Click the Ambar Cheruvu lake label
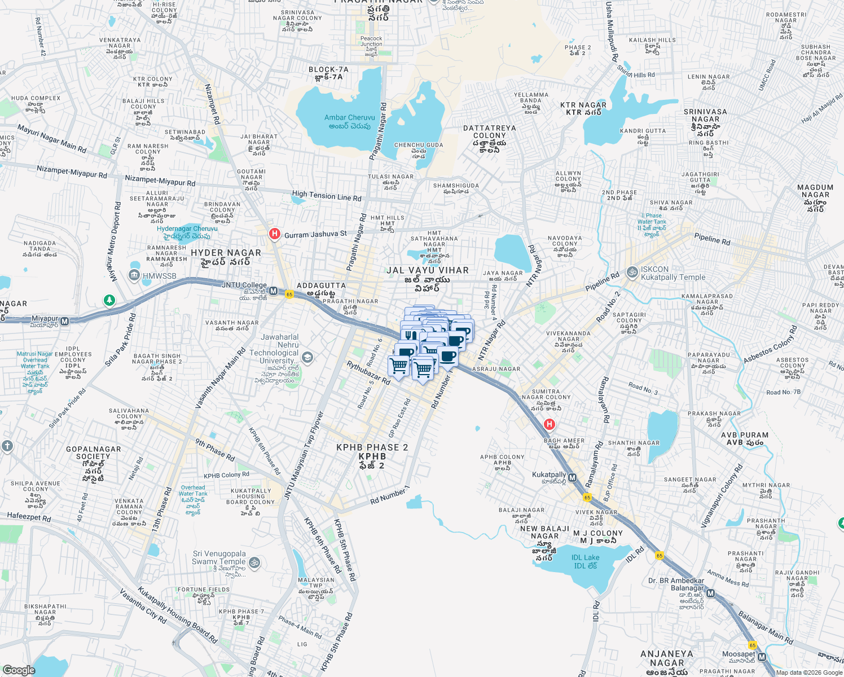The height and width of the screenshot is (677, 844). click(350, 121)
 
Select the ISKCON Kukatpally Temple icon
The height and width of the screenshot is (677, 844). click(632, 272)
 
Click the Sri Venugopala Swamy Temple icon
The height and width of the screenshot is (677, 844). click(254, 562)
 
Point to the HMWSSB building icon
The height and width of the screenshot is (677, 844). click(134, 275)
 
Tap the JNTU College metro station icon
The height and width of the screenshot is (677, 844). click(274, 291)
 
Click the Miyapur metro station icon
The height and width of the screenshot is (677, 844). click(65, 321)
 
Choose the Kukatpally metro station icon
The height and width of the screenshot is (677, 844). click(573, 478)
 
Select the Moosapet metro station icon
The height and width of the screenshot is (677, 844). click(762, 657)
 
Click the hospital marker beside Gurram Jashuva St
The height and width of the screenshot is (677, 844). click(275, 234)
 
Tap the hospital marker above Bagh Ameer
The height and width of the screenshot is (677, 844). click(549, 424)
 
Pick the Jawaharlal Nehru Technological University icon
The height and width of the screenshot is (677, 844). click(307, 357)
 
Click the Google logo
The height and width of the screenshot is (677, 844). click(19, 670)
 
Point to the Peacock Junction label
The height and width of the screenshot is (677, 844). click(371, 42)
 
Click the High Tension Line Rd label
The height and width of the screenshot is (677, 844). click(327, 196)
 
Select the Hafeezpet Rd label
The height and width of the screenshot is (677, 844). click(29, 517)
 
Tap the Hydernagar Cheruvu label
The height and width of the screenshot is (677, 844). click(187, 232)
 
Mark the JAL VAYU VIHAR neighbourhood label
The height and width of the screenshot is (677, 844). click(427, 270)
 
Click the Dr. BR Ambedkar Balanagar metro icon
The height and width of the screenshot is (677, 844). click(711, 594)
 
